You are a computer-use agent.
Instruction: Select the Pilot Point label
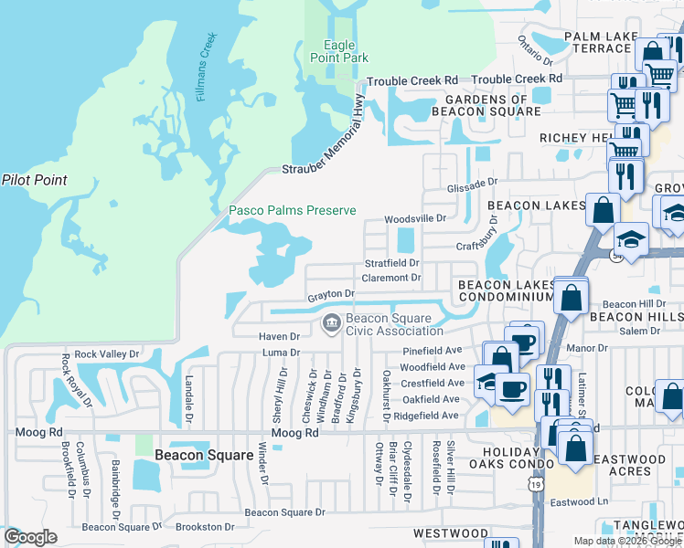click(x=34, y=180)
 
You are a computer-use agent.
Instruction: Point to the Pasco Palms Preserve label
click(x=292, y=211)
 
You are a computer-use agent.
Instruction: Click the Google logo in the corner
click(x=30, y=537)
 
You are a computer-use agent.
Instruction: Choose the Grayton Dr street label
click(x=331, y=294)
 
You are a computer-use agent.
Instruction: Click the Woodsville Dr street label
click(x=414, y=219)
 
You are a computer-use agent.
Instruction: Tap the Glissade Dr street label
click(x=471, y=187)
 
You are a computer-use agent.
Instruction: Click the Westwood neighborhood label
click(x=450, y=532)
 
